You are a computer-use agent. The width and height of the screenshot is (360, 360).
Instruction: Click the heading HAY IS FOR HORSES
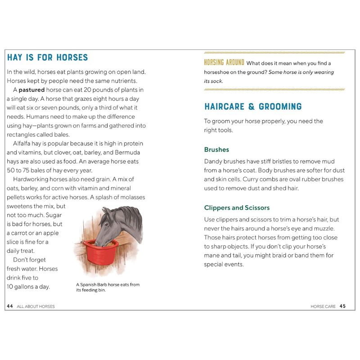click(47, 58)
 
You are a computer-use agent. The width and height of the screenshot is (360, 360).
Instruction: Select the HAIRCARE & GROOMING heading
click(253, 107)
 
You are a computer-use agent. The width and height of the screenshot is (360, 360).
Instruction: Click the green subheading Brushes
click(216, 149)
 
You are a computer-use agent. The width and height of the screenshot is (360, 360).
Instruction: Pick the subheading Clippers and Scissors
click(237, 208)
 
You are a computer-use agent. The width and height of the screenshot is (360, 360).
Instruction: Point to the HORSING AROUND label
click(224, 63)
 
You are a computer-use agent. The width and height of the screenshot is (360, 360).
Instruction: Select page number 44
click(10, 306)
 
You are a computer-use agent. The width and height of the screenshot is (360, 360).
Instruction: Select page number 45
click(343, 306)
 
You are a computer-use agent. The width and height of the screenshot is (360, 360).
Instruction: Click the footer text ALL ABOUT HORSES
click(36, 306)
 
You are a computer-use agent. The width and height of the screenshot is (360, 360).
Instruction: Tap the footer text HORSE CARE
click(323, 306)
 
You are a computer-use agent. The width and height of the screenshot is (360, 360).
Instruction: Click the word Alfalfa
click(25, 144)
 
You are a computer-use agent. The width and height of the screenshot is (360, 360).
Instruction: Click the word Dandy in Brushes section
click(214, 161)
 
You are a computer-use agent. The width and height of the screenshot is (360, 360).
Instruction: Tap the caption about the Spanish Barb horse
click(108, 287)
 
